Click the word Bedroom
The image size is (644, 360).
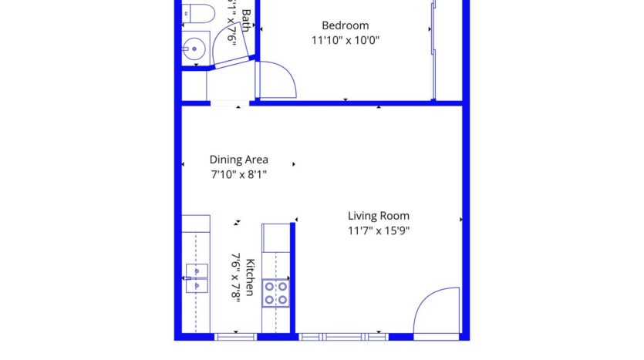pyautogui.click(x=345, y=25)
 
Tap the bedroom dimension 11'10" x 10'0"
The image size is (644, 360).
pyautogui.click(x=345, y=40)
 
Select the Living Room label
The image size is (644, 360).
pyautogui.click(x=378, y=216)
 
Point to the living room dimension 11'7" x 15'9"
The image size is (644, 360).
pyautogui.click(x=378, y=230)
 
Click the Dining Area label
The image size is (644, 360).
pyautogui.click(x=239, y=160)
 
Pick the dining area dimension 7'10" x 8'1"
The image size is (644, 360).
pyautogui.click(x=239, y=174)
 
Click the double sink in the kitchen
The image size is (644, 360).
pyautogui.click(x=197, y=278)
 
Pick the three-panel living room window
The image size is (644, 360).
pyautogui.click(x=342, y=336)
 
